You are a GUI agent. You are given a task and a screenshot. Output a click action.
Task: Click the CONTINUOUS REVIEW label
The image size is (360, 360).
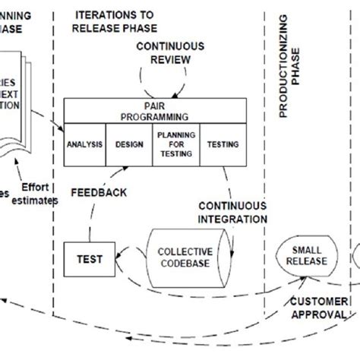(x=170, y=52)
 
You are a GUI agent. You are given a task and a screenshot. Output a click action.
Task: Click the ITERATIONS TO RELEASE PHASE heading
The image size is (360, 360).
(x=115, y=21)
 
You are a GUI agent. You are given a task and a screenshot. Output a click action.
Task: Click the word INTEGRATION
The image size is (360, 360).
(x=233, y=219)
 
